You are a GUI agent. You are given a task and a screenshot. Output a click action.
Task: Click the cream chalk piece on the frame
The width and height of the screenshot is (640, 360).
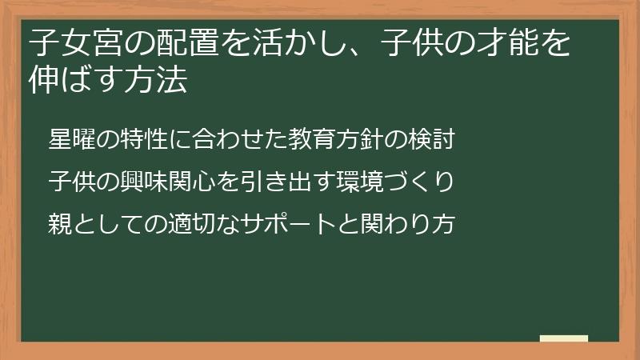[564, 339]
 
